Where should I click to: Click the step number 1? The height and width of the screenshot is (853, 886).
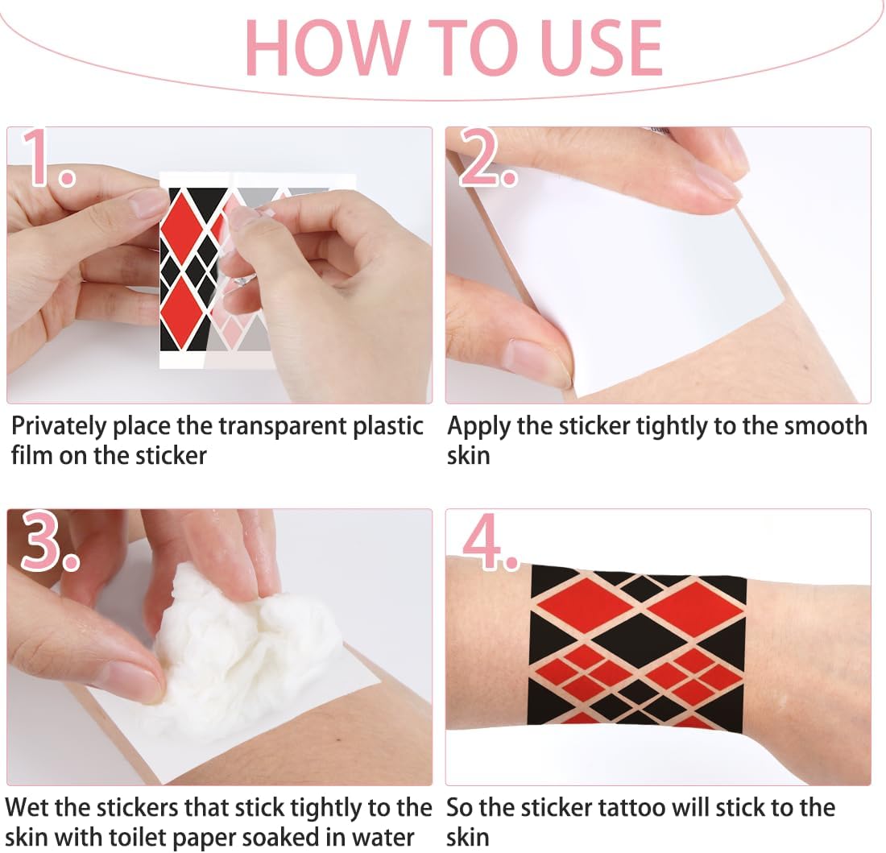click(x=48, y=157)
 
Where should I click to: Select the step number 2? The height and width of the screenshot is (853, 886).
click(x=487, y=157)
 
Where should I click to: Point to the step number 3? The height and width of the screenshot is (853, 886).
click(x=50, y=541)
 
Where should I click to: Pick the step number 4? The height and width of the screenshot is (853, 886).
click(x=490, y=541)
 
